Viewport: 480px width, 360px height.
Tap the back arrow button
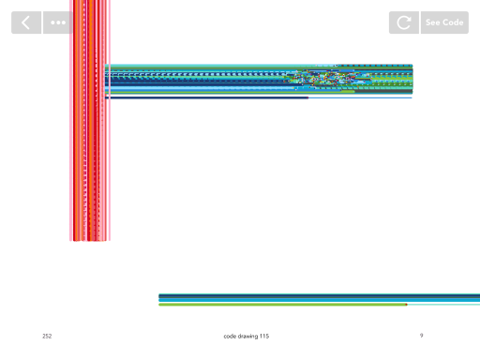coord(26,22)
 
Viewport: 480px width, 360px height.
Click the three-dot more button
coord(58,22)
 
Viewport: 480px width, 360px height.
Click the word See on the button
coord(432,22)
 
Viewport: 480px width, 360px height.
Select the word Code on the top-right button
coord(453,22)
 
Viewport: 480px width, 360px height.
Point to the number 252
coord(47,336)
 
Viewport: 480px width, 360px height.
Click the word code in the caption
coord(230,337)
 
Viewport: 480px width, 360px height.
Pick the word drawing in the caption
coord(247,337)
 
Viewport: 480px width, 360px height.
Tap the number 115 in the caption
coord(264,337)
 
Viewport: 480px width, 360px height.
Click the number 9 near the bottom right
coord(422,336)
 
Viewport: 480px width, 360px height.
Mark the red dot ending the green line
coord(406,305)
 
